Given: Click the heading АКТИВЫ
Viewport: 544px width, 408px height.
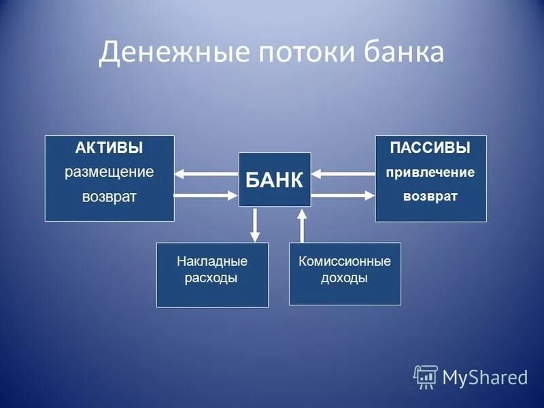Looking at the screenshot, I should click(109, 148).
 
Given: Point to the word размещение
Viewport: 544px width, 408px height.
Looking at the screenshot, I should click(109, 172).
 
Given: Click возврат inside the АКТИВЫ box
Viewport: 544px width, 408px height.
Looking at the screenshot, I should click(109, 197).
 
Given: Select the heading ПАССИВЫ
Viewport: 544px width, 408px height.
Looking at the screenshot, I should click(430, 148).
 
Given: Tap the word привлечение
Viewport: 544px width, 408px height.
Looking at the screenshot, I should click(430, 172).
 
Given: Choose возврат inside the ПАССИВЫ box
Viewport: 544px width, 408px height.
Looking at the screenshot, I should click(430, 197).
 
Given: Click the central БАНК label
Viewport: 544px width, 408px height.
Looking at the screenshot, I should click(274, 180).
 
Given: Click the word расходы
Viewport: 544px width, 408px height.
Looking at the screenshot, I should click(211, 277).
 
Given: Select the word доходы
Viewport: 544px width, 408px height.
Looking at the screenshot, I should click(345, 277).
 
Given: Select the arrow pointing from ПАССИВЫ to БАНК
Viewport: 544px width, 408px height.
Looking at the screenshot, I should click(343, 173).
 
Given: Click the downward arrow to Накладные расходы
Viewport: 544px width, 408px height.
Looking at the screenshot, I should click(255, 225).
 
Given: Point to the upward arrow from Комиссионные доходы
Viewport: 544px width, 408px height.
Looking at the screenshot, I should click(301, 225).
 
